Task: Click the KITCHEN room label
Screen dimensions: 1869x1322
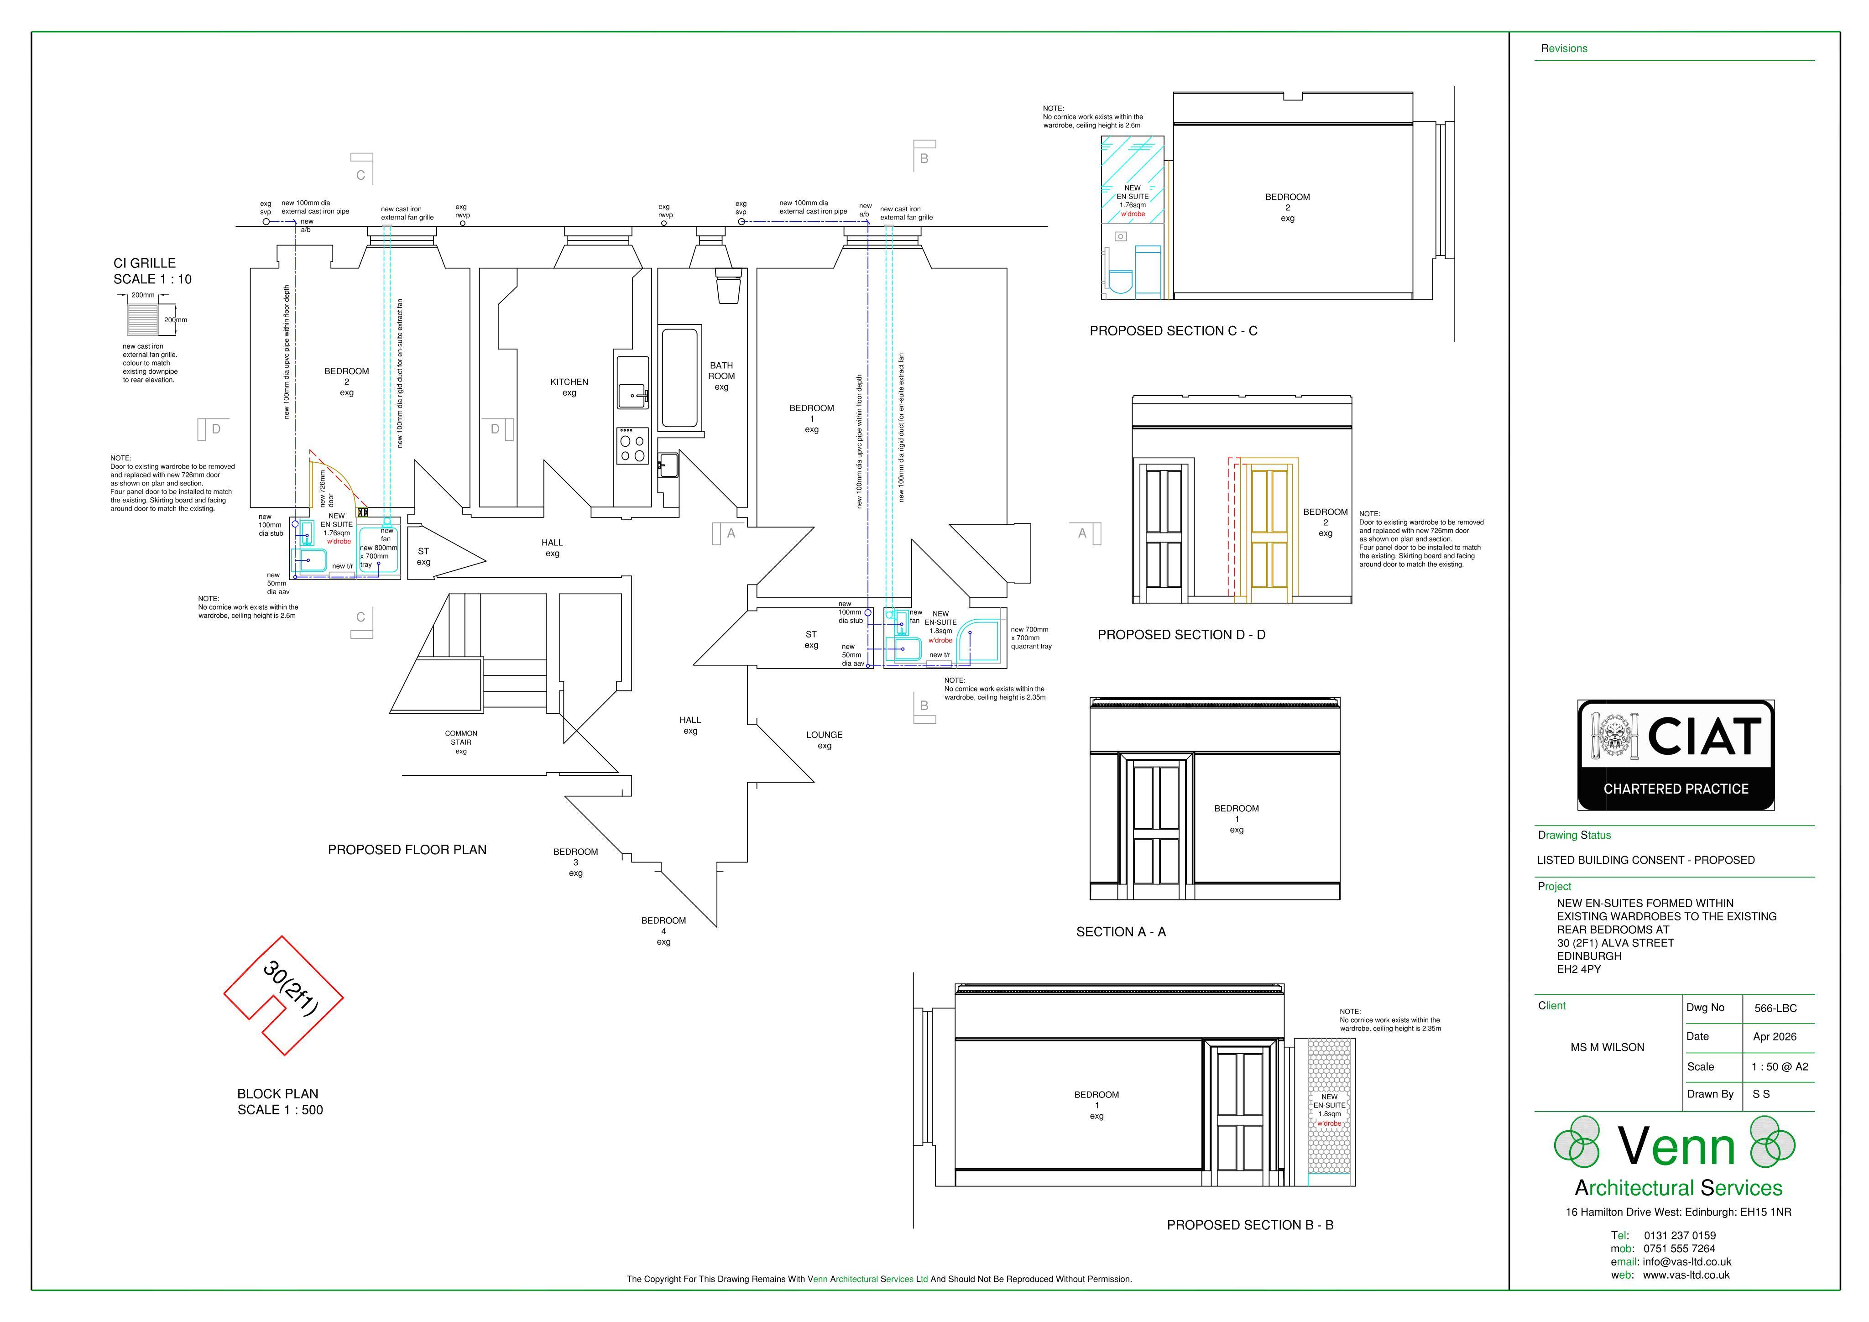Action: click(569, 387)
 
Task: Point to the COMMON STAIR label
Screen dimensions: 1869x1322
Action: click(461, 742)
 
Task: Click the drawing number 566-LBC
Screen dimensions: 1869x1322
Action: click(1775, 1008)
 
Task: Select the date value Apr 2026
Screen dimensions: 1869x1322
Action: click(1775, 1036)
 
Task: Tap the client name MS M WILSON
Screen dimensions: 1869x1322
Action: click(1607, 1047)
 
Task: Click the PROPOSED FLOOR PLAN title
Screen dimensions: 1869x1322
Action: click(407, 850)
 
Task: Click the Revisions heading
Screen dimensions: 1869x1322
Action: click(1564, 48)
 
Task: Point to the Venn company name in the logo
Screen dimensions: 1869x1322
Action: click(1676, 1146)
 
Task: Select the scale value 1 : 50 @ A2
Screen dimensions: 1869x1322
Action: click(1780, 1066)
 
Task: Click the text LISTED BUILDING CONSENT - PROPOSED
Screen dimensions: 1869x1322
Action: click(1645, 860)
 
